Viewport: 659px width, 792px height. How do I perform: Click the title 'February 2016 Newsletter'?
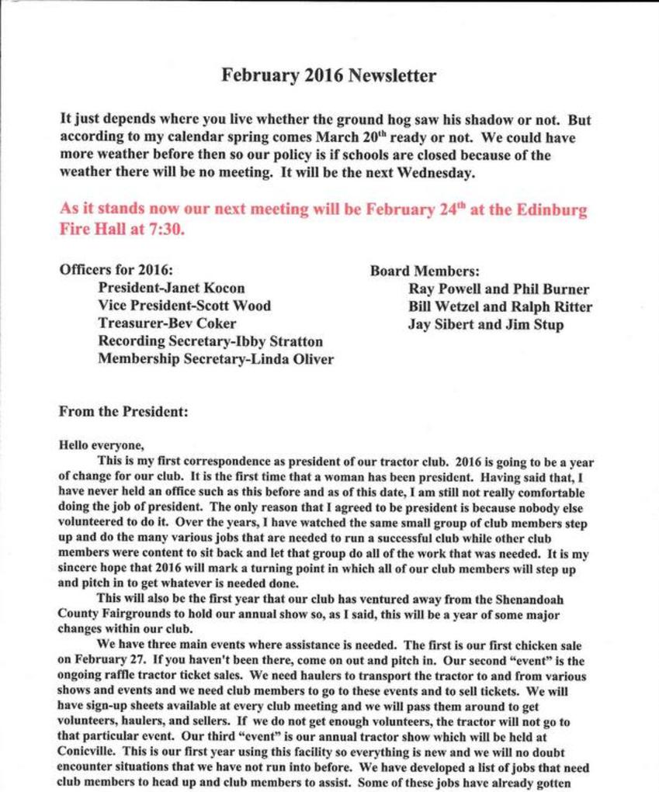pyautogui.click(x=329, y=75)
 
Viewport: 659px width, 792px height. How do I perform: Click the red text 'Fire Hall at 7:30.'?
pyautogui.click(x=123, y=230)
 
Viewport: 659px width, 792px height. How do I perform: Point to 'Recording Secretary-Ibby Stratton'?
pyautogui.click(x=210, y=341)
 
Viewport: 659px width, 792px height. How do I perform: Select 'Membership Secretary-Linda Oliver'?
pyautogui.click(x=216, y=358)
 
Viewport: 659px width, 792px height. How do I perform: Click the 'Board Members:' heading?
pyautogui.click(x=425, y=271)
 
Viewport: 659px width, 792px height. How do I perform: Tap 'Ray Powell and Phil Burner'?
pyautogui.click(x=498, y=289)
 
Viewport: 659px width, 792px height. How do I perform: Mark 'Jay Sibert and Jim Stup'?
pyautogui.click(x=486, y=323)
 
